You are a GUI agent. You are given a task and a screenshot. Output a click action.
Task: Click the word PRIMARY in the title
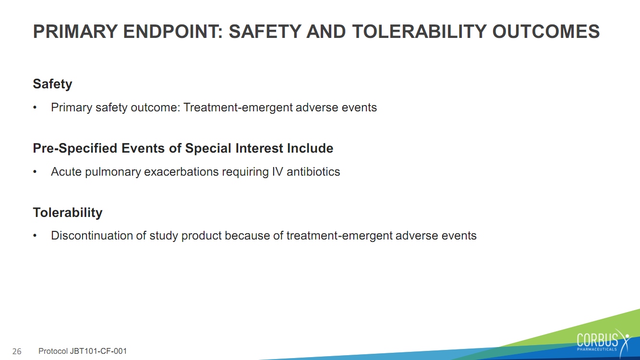click(x=75, y=31)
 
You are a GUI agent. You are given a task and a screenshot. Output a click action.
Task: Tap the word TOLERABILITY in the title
click(x=420, y=31)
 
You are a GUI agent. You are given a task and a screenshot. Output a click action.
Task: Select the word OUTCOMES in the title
click(x=546, y=31)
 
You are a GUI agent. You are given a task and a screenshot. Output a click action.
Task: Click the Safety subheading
click(x=52, y=84)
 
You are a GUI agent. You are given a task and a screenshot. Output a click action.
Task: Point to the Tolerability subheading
click(x=68, y=213)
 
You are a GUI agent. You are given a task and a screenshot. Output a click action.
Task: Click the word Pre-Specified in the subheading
click(x=75, y=148)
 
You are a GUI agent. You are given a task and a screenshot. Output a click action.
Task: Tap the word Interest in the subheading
click(x=259, y=148)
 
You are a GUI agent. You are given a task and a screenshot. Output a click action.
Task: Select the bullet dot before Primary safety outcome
click(x=35, y=108)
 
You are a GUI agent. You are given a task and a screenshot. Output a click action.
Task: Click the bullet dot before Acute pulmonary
click(x=35, y=172)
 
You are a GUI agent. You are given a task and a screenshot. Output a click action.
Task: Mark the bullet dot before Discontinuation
click(x=35, y=236)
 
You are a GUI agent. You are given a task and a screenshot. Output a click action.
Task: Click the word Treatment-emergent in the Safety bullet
click(x=238, y=108)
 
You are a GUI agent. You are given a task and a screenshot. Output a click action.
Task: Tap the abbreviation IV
click(x=278, y=172)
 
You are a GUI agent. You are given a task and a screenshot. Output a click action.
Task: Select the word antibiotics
click(x=314, y=172)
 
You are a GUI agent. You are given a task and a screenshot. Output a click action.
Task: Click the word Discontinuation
click(x=92, y=236)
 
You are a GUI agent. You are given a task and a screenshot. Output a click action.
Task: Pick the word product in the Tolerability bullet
click(x=202, y=236)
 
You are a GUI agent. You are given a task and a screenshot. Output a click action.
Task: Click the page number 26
click(x=17, y=351)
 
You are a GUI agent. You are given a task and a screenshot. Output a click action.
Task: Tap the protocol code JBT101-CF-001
click(x=98, y=351)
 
